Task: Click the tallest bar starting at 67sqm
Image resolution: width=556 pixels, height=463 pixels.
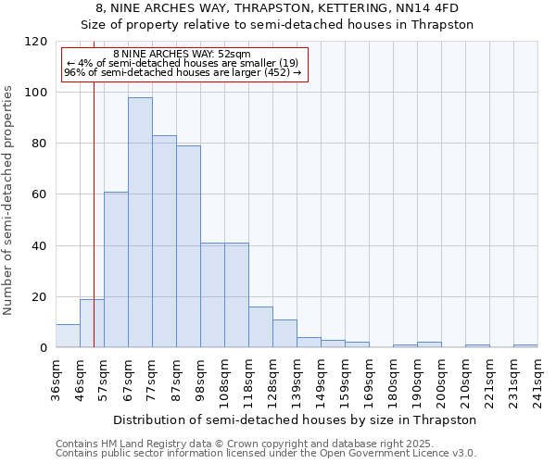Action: tap(140, 222)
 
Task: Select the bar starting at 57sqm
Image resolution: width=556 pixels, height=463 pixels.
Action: tap(116, 269)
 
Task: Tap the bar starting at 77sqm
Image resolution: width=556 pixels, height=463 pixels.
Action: tap(164, 242)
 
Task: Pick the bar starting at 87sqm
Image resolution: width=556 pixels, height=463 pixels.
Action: tap(188, 246)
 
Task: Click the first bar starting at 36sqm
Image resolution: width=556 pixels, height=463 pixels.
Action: tap(68, 336)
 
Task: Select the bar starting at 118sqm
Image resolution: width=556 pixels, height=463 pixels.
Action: tap(260, 327)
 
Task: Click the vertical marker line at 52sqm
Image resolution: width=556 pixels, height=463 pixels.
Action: tap(94, 231)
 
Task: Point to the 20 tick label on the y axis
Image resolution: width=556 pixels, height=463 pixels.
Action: tap(39, 297)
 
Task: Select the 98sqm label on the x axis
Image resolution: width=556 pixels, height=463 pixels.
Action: tap(200, 379)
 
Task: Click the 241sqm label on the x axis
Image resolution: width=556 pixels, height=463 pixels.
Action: tap(537, 379)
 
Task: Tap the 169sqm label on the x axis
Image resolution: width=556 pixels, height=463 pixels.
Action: tap(369, 379)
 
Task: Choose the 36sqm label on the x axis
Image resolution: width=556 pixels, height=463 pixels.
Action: tap(56, 379)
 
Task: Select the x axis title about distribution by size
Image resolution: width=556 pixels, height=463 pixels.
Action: tap(297, 419)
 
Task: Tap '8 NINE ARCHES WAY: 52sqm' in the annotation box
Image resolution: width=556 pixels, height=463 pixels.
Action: tap(182, 55)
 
